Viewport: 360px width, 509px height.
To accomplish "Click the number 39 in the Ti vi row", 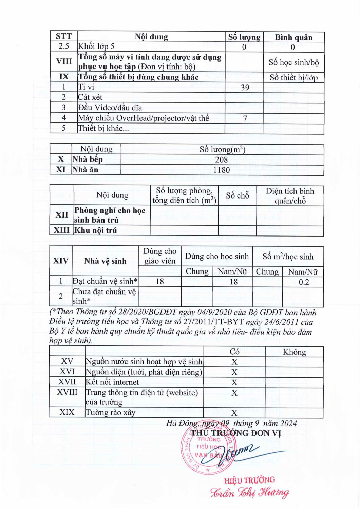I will click(245, 88).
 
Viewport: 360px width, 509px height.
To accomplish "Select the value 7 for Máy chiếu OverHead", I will click(245, 118).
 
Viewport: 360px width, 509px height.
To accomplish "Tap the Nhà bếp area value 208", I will click(221, 159).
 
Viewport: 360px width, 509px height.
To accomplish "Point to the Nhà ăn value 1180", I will click(221, 170).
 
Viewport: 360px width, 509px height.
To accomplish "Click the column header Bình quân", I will click(293, 37).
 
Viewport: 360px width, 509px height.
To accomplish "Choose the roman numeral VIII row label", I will click(64, 61).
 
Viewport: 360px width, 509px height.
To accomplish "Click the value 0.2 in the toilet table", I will click(303, 282).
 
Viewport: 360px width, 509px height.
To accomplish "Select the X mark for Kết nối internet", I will click(234, 382).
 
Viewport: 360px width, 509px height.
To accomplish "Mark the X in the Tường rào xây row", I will click(234, 413).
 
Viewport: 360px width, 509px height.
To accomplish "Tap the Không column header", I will click(294, 352).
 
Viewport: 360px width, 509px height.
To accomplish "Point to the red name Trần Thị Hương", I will click(250, 493).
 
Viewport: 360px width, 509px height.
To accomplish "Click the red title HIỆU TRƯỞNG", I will click(249, 480).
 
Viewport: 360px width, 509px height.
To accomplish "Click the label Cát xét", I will click(90, 97).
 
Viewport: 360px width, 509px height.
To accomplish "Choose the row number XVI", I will click(67, 372).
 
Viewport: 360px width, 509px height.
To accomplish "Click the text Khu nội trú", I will click(96, 230).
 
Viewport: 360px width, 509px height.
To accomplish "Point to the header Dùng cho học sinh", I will click(217, 257).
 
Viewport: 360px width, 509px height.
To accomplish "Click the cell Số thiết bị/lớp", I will click(293, 78).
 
